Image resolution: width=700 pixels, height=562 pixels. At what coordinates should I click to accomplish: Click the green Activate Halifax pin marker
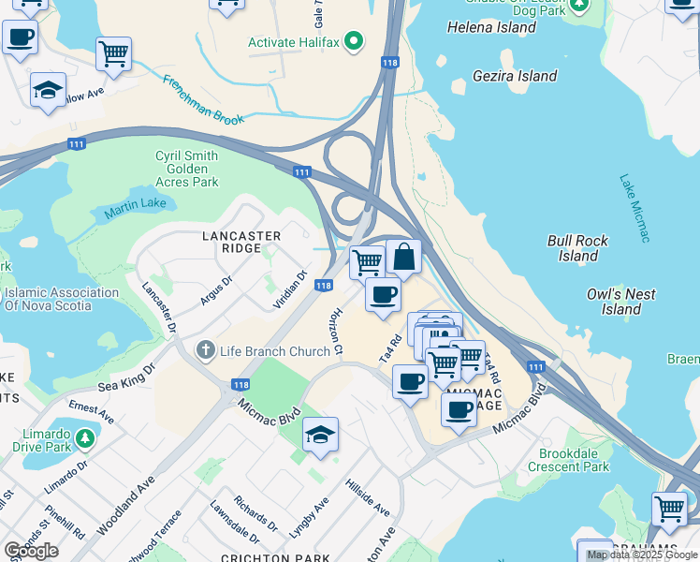click(x=353, y=42)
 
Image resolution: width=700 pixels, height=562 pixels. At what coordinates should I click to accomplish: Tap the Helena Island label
click(x=491, y=27)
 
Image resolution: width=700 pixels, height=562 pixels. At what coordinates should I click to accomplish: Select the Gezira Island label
click(x=515, y=76)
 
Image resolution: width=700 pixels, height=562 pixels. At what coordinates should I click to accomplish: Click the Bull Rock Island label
click(x=578, y=248)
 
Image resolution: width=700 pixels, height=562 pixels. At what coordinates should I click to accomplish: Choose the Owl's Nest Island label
click(x=620, y=301)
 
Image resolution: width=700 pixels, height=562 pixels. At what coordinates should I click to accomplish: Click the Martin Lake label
click(x=135, y=208)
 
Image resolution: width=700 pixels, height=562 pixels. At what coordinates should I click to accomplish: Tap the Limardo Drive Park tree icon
click(x=85, y=438)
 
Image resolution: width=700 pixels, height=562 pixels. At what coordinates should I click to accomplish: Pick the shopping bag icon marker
click(x=403, y=256)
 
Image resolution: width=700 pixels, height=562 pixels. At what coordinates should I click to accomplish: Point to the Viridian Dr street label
click(x=289, y=291)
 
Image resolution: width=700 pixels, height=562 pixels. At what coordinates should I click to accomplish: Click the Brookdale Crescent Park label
click(x=568, y=460)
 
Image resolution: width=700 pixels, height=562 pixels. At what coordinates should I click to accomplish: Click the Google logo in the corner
click(x=31, y=550)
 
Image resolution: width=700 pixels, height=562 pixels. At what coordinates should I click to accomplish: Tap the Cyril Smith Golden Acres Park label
click(x=186, y=169)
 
